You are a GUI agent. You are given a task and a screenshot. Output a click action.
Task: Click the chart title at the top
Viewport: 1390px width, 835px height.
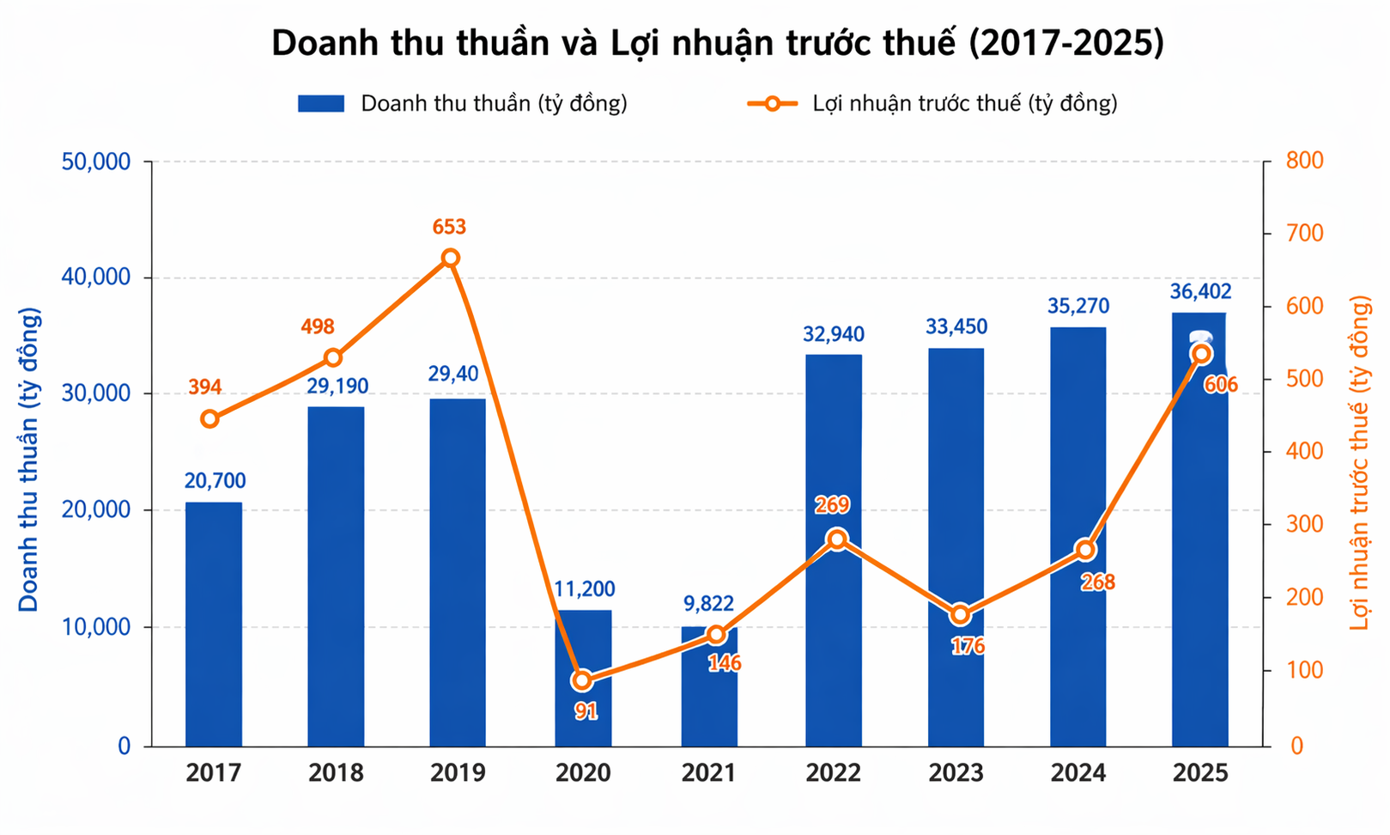click(x=718, y=43)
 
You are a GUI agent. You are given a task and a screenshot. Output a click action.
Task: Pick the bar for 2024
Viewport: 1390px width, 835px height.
click(x=1078, y=536)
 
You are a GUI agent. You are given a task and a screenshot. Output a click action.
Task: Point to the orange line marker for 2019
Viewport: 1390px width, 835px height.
click(x=451, y=258)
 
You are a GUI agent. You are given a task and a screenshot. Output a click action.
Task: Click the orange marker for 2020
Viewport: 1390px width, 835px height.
click(x=582, y=680)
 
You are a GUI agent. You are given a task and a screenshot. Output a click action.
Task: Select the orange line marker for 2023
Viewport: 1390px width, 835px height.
click(x=961, y=615)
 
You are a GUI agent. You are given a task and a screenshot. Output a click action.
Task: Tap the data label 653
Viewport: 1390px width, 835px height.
click(x=449, y=227)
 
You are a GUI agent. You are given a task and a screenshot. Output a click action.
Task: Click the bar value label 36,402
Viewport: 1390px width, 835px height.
click(x=1200, y=292)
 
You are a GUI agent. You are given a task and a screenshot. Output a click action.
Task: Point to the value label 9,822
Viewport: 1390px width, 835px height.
click(x=708, y=604)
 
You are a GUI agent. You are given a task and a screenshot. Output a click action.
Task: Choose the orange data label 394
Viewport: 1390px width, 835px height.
click(x=205, y=387)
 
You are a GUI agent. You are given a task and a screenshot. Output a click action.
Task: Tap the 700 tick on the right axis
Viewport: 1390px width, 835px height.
click(x=1305, y=234)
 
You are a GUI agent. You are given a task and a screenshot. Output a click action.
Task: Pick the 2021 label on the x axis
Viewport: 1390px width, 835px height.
click(x=708, y=773)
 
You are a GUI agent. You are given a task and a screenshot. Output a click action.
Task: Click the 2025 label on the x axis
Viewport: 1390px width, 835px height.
click(x=1200, y=773)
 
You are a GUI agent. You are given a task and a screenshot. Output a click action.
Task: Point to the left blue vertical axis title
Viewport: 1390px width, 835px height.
click(x=29, y=460)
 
